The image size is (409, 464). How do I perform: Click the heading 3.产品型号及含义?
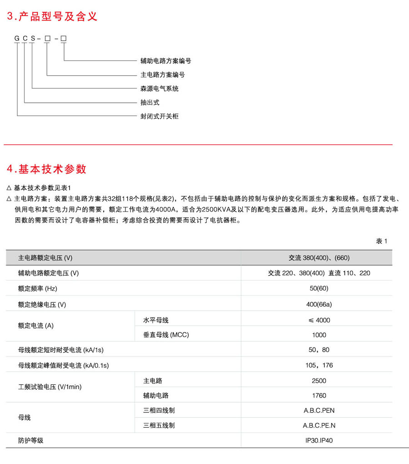(x=52, y=17)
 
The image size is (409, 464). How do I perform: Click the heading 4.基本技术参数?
(x=47, y=169)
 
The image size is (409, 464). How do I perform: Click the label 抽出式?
(x=150, y=102)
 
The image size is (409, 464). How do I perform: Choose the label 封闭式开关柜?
(x=160, y=116)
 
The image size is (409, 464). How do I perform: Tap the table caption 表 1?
(x=381, y=241)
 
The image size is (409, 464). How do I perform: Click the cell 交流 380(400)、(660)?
(x=319, y=258)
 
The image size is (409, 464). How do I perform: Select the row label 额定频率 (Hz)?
(x=38, y=288)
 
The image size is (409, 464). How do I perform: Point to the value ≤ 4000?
(x=319, y=320)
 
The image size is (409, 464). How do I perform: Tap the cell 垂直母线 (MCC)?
(x=166, y=335)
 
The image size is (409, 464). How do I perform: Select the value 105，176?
(x=319, y=365)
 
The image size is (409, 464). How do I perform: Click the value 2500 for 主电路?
(x=319, y=381)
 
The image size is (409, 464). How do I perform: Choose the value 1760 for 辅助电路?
(x=319, y=396)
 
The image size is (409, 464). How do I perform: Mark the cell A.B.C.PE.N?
(x=319, y=426)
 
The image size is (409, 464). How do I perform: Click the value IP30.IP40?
(x=319, y=440)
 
